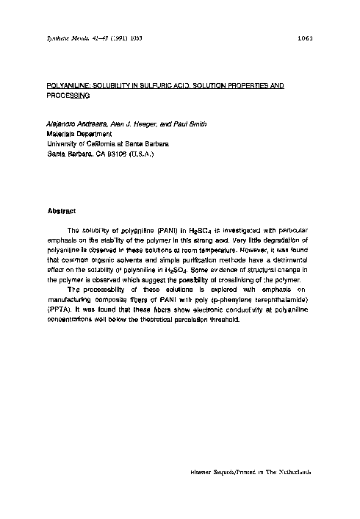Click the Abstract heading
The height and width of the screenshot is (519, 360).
click(x=62, y=211)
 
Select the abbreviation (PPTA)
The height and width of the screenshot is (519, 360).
click(x=60, y=310)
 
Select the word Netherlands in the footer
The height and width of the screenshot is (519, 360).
click(x=287, y=473)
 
